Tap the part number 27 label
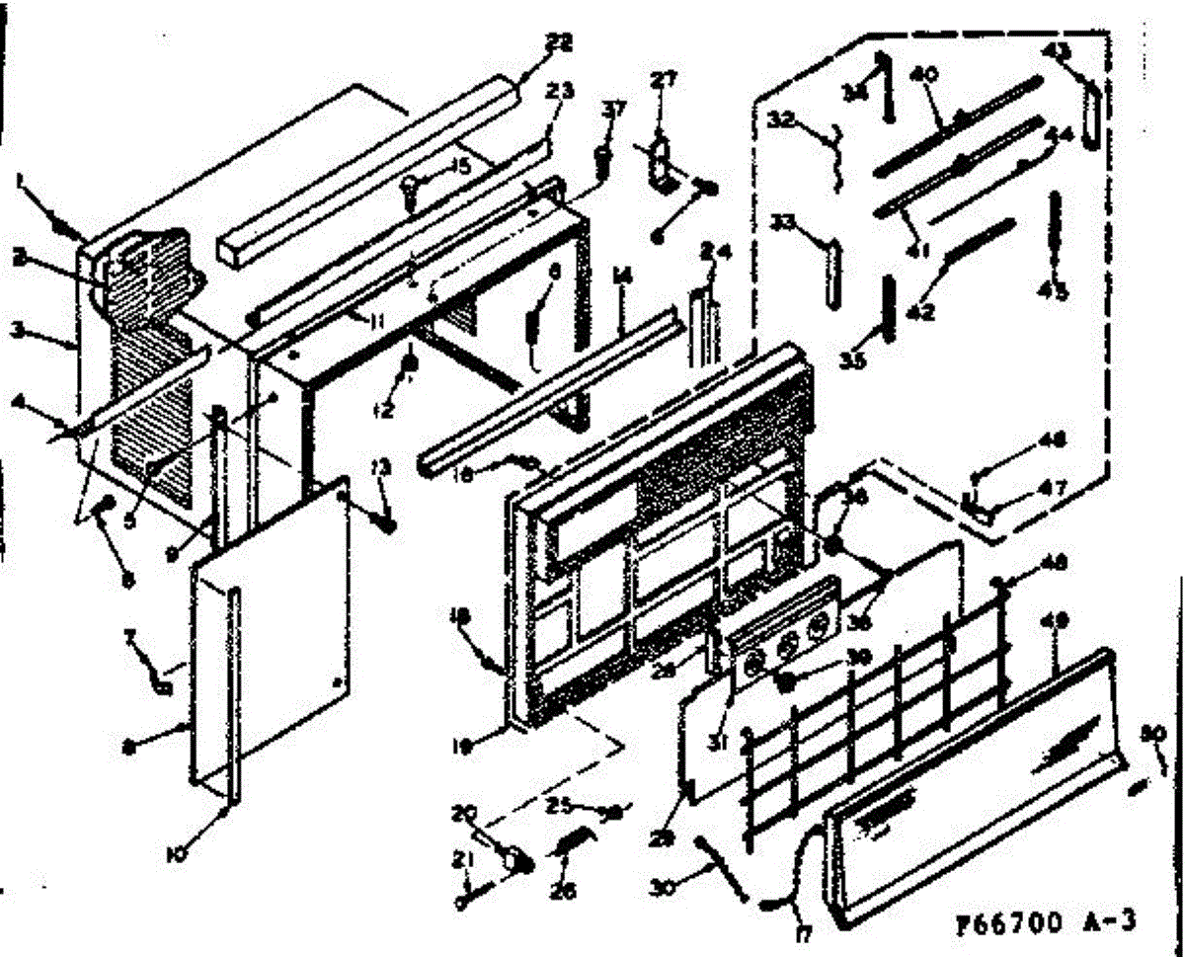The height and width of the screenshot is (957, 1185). click(x=663, y=80)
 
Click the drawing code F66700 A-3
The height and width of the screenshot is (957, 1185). click(x=1045, y=923)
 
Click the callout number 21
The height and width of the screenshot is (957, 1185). click(x=461, y=863)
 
